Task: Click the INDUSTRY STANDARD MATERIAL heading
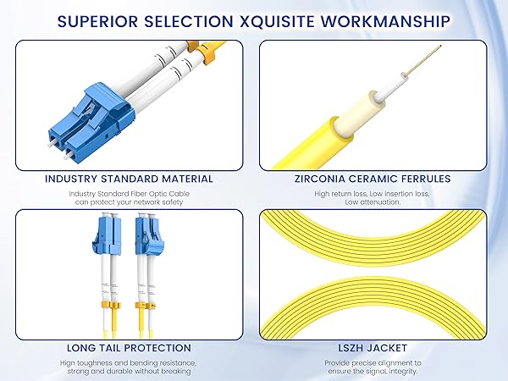coord(128,179)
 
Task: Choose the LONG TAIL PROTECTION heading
coord(129,347)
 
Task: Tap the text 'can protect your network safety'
coord(129,202)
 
